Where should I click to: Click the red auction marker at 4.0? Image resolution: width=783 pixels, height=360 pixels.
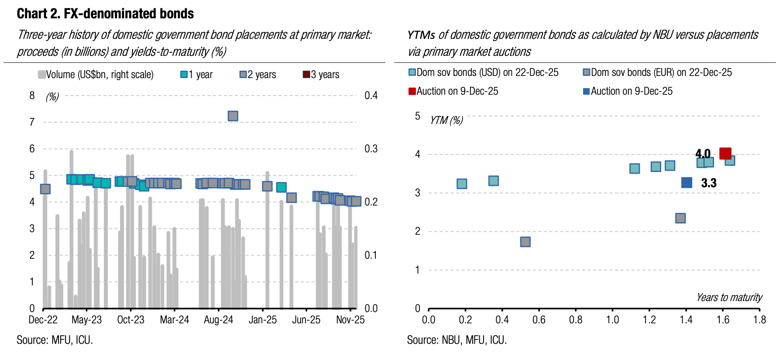pyautogui.click(x=725, y=154)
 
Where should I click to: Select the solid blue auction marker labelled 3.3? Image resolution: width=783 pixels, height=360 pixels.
pyautogui.click(x=687, y=183)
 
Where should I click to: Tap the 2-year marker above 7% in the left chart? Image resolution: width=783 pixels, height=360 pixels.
pyautogui.click(x=233, y=116)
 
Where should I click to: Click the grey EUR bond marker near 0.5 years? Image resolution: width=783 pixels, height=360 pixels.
pyautogui.click(x=525, y=242)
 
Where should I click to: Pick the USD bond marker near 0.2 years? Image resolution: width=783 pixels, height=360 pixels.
pyautogui.click(x=462, y=184)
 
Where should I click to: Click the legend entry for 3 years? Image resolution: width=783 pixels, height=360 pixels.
pyautogui.click(x=321, y=75)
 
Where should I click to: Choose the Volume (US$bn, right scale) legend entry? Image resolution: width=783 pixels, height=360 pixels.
pyautogui.click(x=96, y=75)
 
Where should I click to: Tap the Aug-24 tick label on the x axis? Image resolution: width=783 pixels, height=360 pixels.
pyautogui.click(x=218, y=320)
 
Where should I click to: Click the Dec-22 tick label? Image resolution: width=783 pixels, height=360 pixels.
pyautogui.click(x=43, y=320)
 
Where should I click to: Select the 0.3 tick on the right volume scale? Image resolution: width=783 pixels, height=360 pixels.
pyautogui.click(x=371, y=149)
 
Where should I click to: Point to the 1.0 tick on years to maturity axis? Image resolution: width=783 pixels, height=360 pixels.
pyautogui.click(x=612, y=320)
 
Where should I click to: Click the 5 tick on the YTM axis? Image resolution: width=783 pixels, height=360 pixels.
pyautogui.click(x=418, y=116)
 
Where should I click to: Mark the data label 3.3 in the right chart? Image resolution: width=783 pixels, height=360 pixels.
pyautogui.click(x=708, y=183)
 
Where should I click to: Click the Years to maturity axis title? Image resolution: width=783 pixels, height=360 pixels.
pyautogui.click(x=729, y=298)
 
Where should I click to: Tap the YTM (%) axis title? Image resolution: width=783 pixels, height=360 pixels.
pyautogui.click(x=446, y=120)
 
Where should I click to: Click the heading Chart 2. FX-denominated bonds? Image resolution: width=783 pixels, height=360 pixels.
pyautogui.click(x=105, y=14)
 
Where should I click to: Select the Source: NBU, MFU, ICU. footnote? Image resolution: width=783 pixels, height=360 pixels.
pyautogui.click(x=457, y=340)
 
